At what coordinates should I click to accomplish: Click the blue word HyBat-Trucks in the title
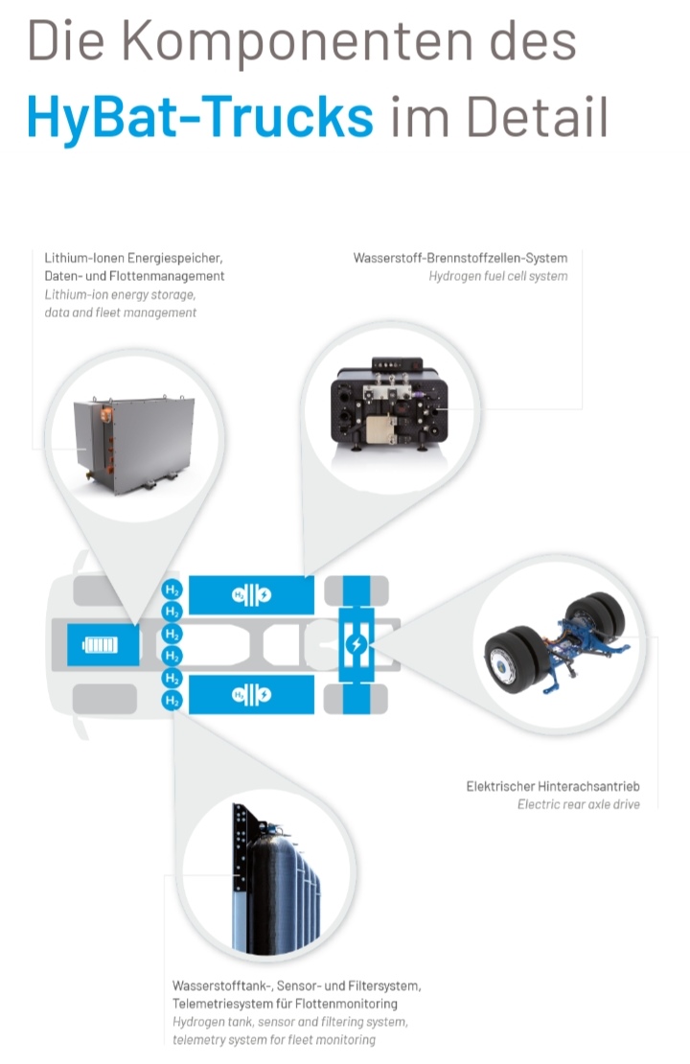coord(200,116)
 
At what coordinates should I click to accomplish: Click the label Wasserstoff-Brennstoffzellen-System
coord(460,258)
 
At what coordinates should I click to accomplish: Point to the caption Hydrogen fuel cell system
coord(498,276)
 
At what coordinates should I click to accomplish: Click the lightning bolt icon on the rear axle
coord(356,644)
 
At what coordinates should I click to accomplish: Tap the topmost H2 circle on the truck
coord(172,590)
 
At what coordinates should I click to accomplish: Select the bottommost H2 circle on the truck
coord(172,702)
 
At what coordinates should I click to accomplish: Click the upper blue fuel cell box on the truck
coord(251,595)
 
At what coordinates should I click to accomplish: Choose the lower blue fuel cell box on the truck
coord(251,694)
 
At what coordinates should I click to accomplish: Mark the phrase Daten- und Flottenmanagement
coord(134,276)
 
